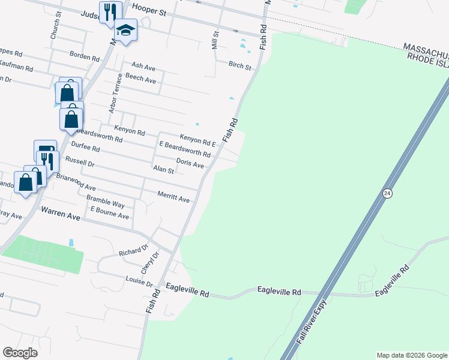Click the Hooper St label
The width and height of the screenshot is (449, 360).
pyautogui.click(x=150, y=10)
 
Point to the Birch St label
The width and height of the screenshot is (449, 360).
pyautogui.click(x=239, y=65)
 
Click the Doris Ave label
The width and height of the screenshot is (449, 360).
pyautogui.click(x=190, y=163)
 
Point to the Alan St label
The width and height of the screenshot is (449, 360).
pyautogui.click(x=163, y=170)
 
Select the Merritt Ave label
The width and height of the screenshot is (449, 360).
pyautogui.click(x=173, y=197)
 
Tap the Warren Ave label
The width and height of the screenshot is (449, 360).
pyautogui.click(x=61, y=211)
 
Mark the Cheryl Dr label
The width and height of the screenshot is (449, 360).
pyautogui.click(x=149, y=262)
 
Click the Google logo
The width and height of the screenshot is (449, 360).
pyautogui.click(x=20, y=352)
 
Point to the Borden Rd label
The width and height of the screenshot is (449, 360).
pyautogui.click(x=84, y=58)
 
